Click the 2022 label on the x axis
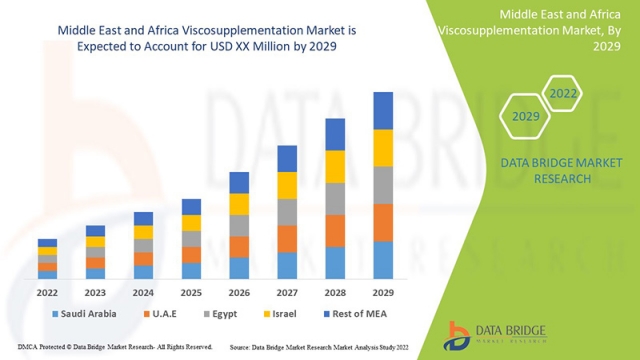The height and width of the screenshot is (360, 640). point(47,293)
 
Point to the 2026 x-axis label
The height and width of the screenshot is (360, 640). point(239,293)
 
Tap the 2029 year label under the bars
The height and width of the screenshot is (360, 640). point(383,293)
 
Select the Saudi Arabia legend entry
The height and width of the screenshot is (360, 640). point(81,313)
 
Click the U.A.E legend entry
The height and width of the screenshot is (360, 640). point(165,313)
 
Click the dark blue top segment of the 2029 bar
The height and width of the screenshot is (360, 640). point(383,111)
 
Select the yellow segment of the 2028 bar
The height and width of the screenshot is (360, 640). point(335,166)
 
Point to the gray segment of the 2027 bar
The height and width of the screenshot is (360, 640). point(287,212)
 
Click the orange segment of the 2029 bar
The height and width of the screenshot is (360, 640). point(383,223)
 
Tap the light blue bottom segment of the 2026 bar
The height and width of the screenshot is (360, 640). point(239,268)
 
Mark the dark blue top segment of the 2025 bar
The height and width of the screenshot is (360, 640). point(191,207)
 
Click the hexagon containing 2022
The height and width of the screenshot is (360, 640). point(563,93)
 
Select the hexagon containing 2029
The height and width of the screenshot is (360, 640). point(526,116)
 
